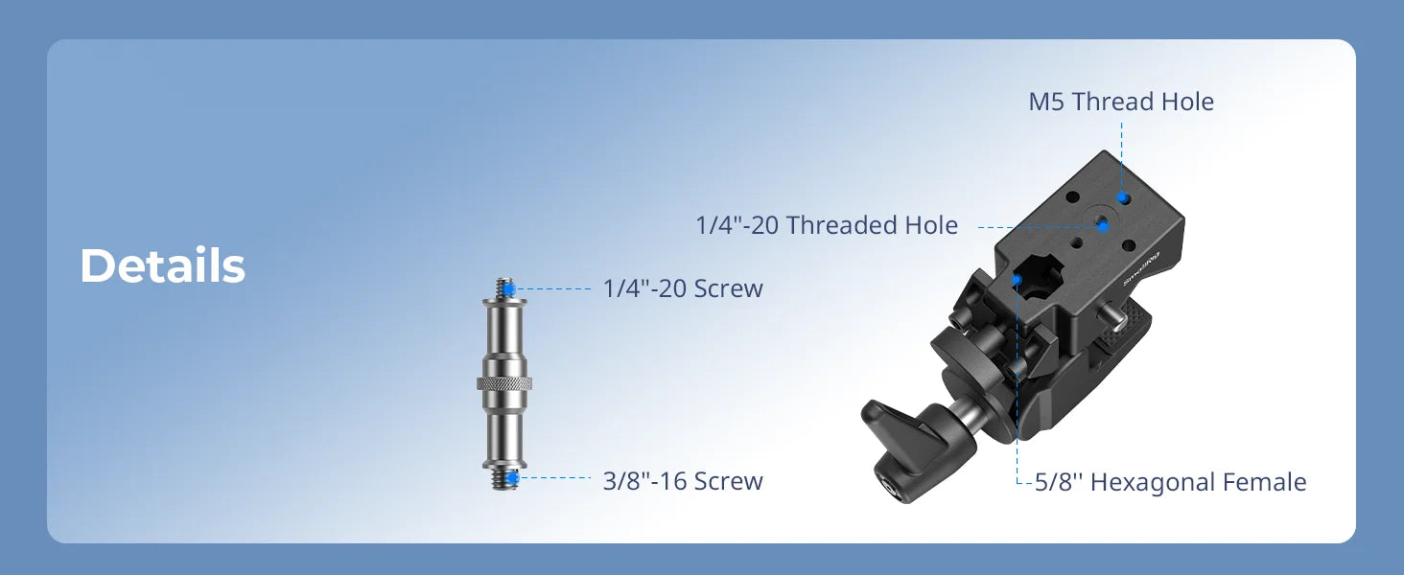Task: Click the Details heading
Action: pos(162,266)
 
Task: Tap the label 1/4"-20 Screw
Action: pos(683,288)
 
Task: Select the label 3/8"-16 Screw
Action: pos(683,480)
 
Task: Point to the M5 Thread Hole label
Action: pos(1121,102)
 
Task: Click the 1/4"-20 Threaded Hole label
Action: pos(827,225)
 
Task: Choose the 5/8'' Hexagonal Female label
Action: pos(1170,481)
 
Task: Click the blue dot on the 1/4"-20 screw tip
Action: pos(511,287)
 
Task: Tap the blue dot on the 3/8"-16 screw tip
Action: pos(514,476)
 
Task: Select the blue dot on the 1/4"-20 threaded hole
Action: pos(1103,226)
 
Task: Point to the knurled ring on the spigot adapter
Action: pos(504,384)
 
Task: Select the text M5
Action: pos(1046,102)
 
